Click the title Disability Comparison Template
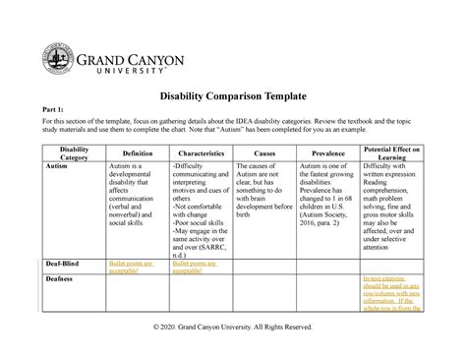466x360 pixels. click(x=232, y=96)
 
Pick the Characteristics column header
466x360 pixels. click(x=204, y=154)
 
